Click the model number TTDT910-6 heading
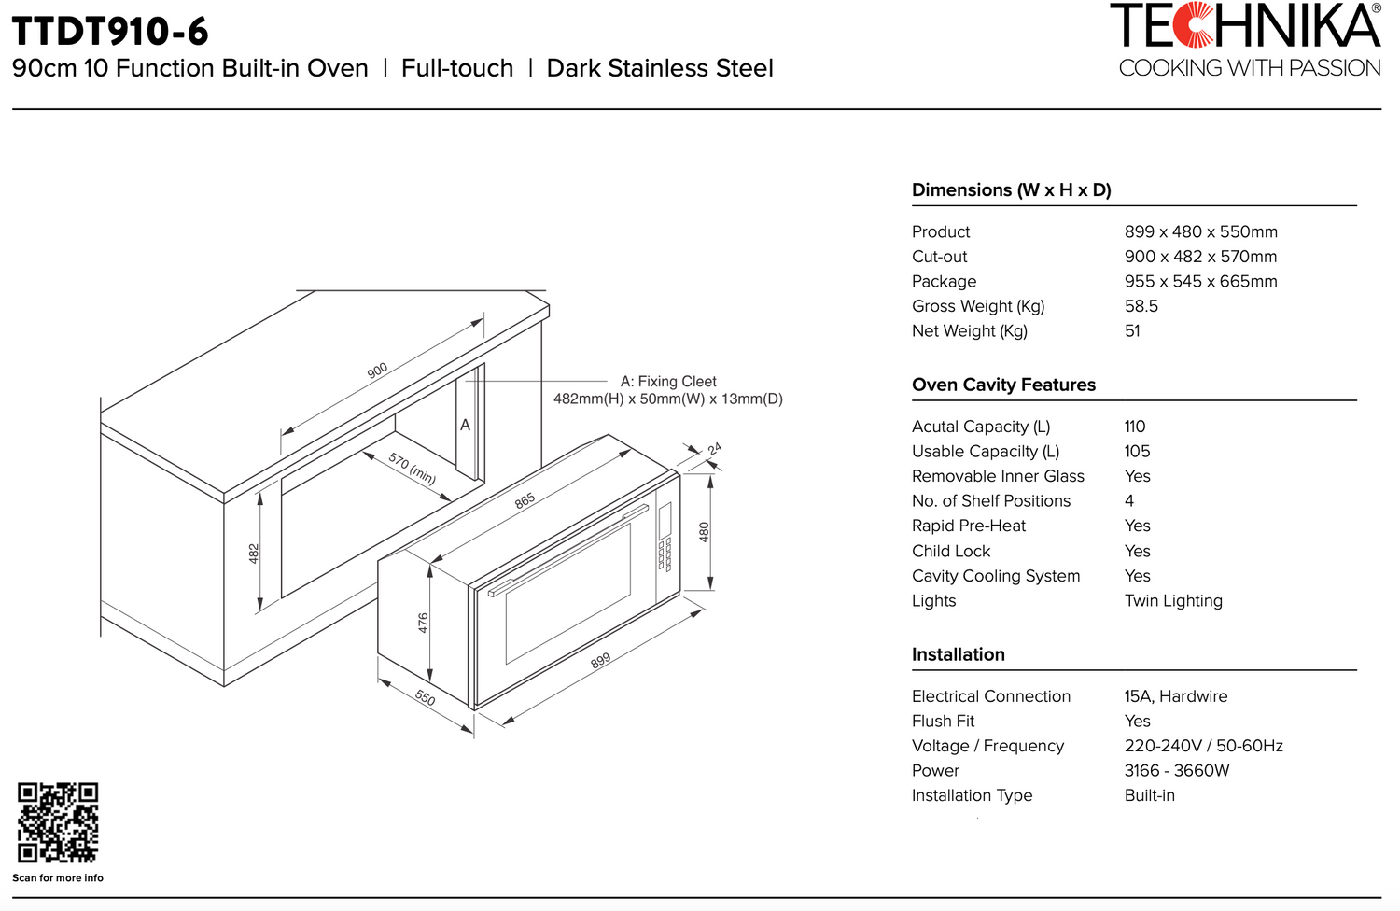pyautogui.click(x=110, y=31)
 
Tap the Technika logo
pyautogui.click(x=1246, y=39)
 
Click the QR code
pyautogui.click(x=57, y=821)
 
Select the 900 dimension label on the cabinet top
pyautogui.click(x=377, y=371)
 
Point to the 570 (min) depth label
pyautogui.click(x=413, y=468)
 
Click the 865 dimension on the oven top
pyautogui.click(x=525, y=500)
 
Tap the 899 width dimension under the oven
pyautogui.click(x=600, y=660)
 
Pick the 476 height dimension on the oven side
pyautogui.click(x=423, y=623)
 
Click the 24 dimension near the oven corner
pyautogui.click(x=715, y=449)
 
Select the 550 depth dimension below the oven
pyautogui.click(x=425, y=697)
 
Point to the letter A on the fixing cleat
pyautogui.click(x=465, y=425)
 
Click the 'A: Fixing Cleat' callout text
pyautogui.click(x=668, y=381)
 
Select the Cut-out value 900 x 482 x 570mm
pyautogui.click(x=1200, y=257)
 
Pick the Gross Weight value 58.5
pyautogui.click(x=1141, y=306)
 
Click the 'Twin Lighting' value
pyautogui.click(x=1173, y=601)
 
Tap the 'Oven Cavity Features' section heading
pyautogui.click(x=1003, y=385)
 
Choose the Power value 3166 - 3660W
pyautogui.click(x=1176, y=771)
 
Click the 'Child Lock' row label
pyautogui.click(x=950, y=552)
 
